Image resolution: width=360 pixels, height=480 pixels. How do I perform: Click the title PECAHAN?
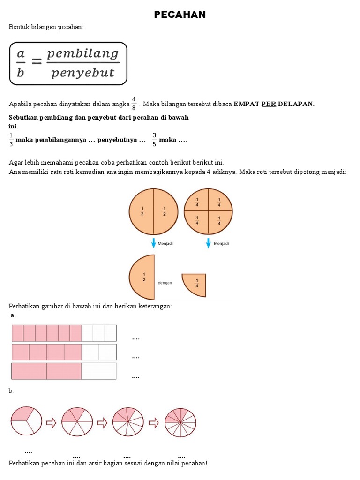click(x=180, y=15)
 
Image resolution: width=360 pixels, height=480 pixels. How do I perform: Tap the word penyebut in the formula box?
click(x=83, y=73)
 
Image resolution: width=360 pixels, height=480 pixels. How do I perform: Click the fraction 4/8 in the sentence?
click(x=134, y=104)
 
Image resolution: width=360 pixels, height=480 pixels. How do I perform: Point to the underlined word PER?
click(x=269, y=104)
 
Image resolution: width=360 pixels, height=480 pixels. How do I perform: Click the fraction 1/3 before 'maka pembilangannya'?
click(x=11, y=140)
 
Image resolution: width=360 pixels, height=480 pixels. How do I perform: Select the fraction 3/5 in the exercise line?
click(x=154, y=140)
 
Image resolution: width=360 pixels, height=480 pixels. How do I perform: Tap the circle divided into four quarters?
click(x=208, y=210)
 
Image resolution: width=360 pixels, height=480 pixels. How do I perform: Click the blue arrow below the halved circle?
click(x=153, y=243)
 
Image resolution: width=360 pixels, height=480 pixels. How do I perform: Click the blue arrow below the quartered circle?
click(x=208, y=243)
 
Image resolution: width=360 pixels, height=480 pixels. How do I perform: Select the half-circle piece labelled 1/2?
click(x=142, y=277)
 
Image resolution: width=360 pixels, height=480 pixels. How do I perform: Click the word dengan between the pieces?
click(x=165, y=283)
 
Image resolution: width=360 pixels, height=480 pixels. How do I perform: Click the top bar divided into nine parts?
click(x=64, y=333)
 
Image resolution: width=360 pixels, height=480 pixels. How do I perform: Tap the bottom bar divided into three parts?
click(x=64, y=371)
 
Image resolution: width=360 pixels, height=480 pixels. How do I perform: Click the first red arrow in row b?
click(x=51, y=423)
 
